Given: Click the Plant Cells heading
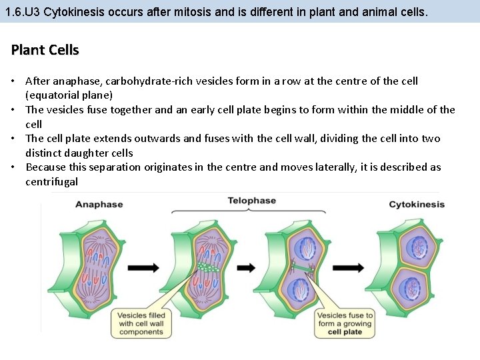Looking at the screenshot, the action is pos(45,50).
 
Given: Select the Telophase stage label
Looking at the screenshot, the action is pos(251,201).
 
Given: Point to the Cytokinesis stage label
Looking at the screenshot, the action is pos(417,205).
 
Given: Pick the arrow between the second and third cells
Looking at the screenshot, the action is pos(246,267).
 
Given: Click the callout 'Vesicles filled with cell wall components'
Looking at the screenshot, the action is pos(141,323).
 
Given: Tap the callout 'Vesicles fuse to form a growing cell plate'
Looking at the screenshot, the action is pos(344,323).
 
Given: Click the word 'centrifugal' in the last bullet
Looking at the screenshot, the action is pos(51,181).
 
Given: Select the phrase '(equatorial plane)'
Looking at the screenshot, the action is pos(69,95).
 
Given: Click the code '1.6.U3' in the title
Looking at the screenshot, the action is pos(22,11).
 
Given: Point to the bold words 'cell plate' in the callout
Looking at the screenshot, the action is pos(344,331).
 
